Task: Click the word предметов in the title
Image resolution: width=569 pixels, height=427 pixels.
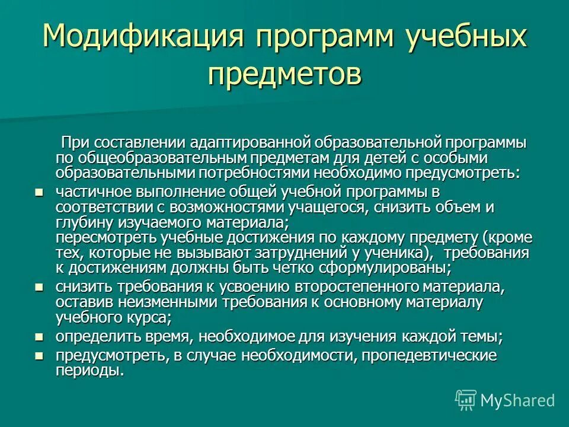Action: (x=284, y=75)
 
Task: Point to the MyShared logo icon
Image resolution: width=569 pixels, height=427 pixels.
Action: (x=465, y=400)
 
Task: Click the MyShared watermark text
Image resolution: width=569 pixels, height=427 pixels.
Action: (x=517, y=400)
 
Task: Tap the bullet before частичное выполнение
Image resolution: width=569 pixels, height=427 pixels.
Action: (x=39, y=192)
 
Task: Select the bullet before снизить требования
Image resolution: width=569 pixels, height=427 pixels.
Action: (x=39, y=287)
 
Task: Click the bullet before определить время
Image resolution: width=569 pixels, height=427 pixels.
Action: (x=39, y=337)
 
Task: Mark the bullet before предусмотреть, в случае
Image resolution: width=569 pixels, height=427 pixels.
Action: (x=39, y=356)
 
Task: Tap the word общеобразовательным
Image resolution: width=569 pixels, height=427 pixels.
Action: (x=159, y=158)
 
